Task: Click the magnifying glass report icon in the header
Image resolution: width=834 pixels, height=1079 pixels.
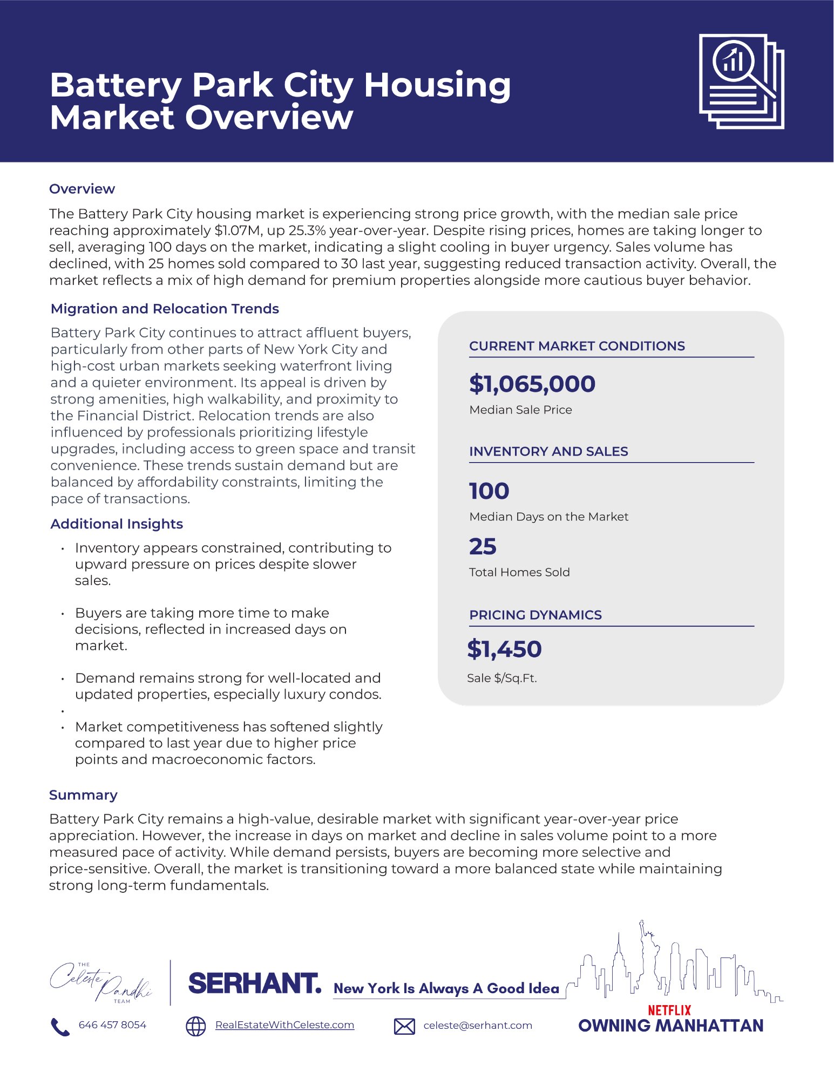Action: point(741,81)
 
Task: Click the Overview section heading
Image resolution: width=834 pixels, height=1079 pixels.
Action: point(82,189)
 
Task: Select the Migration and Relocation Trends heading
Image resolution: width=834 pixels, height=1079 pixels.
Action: point(165,309)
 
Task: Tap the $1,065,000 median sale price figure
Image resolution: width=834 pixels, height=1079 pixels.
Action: point(532,384)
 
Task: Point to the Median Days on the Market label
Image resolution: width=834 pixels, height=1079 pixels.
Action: point(548,517)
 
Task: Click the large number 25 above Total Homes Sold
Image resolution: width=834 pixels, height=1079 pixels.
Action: point(483,546)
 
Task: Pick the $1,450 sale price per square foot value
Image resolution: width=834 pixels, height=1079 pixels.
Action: point(504,649)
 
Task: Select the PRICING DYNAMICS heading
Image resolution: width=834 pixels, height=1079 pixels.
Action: point(535,615)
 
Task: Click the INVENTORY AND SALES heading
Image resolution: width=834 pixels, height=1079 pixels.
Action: point(548,451)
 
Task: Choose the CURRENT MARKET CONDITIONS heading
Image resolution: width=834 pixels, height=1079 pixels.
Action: point(577,346)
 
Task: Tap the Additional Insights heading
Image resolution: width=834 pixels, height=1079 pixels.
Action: point(117,524)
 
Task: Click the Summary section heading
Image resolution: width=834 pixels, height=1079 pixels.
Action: point(83,795)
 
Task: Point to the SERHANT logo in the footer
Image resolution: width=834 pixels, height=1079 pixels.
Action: point(254,983)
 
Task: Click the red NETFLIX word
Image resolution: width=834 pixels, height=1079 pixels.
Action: point(669,1010)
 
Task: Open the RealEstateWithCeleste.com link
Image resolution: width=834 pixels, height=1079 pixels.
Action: point(284,1025)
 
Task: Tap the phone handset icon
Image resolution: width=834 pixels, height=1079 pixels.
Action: point(60,1027)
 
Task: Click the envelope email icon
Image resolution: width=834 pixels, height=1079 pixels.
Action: point(404,1026)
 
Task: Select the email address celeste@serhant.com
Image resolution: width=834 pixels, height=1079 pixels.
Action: point(478,1026)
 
